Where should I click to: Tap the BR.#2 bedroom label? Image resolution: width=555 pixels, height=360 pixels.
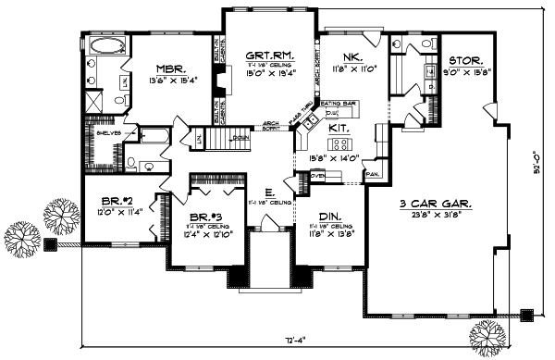[120, 201]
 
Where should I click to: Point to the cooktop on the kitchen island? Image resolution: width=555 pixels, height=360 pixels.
[339, 144]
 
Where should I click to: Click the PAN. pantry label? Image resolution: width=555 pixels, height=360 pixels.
[375, 174]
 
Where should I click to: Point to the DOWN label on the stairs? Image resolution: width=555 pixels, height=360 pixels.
[240, 138]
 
